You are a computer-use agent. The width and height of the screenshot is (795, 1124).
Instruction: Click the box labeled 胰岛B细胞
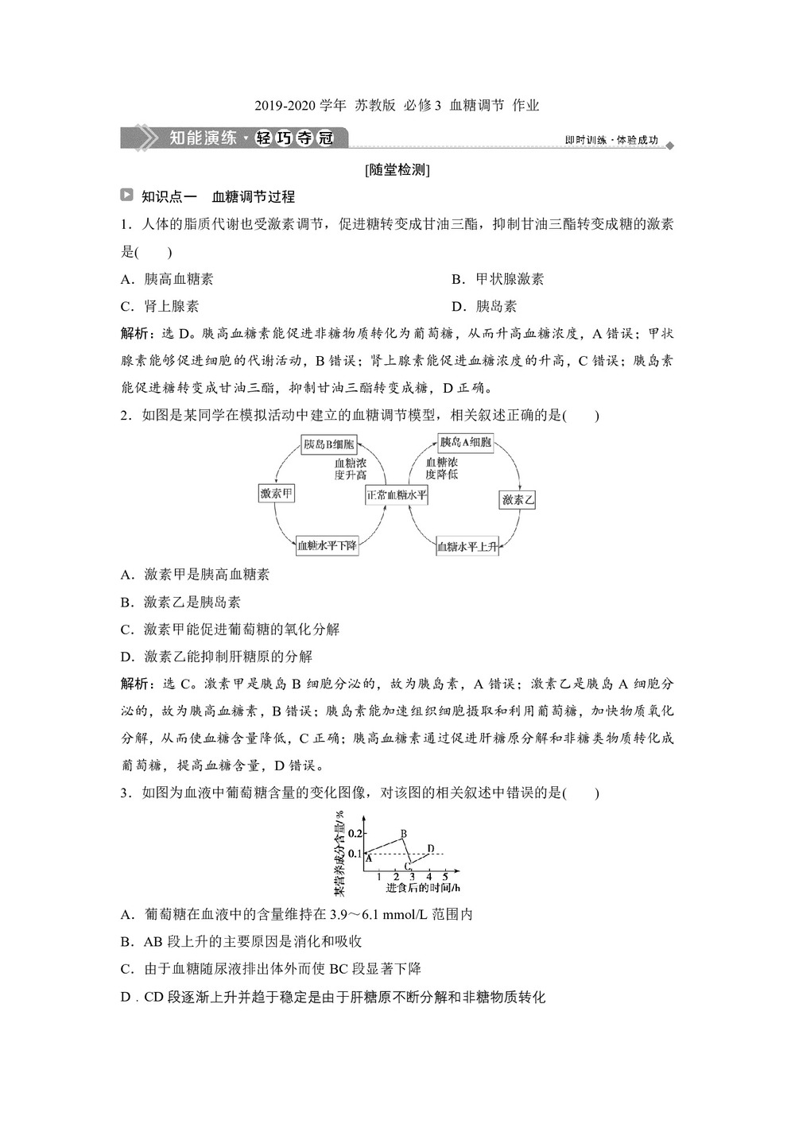click(328, 443)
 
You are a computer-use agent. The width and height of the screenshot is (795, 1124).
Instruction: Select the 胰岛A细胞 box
click(465, 442)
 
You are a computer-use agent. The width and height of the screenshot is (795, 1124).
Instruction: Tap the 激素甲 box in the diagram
click(276, 494)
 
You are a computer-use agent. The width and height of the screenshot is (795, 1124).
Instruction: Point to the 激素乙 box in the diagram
click(518, 500)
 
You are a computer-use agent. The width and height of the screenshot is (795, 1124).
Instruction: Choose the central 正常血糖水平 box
click(397, 494)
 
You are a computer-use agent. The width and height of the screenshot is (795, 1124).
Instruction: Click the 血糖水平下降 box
click(327, 546)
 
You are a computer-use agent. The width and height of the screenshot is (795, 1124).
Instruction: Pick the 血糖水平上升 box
click(467, 547)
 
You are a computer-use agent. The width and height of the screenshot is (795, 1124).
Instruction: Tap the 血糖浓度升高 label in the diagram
click(351, 469)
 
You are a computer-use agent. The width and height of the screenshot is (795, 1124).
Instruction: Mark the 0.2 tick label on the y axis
click(355, 833)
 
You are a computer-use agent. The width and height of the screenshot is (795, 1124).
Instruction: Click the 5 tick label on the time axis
click(445, 877)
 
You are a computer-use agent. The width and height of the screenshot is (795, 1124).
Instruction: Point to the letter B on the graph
click(404, 834)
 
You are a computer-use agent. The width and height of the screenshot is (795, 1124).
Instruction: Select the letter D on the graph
click(430, 848)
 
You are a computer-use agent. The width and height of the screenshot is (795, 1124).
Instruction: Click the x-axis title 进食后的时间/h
click(423, 888)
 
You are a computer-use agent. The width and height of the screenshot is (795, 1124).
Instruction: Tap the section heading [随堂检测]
click(397, 169)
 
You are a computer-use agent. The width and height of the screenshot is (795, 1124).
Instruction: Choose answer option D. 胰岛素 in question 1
click(485, 306)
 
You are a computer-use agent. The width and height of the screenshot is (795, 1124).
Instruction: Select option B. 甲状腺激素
click(498, 279)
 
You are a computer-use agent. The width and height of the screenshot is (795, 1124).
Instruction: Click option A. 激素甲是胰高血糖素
click(195, 575)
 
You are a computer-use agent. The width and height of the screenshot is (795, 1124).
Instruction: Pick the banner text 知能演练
click(203, 138)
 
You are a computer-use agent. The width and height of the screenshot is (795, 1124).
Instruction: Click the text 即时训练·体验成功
click(611, 140)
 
